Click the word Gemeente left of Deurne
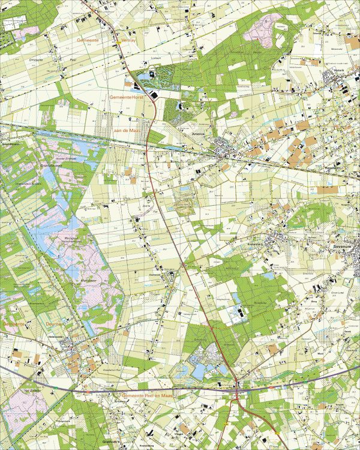[13, 324]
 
